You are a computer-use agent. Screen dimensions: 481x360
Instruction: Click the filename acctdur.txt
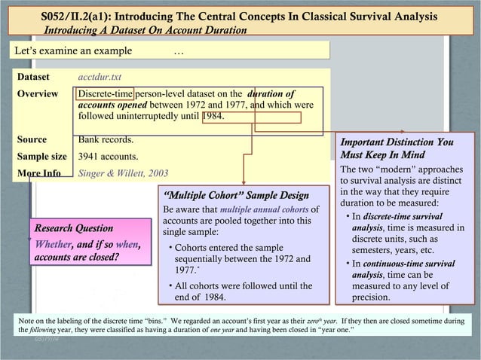point(100,78)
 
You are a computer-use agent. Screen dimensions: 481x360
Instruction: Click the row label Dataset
point(33,78)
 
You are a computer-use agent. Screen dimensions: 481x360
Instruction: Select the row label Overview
point(38,93)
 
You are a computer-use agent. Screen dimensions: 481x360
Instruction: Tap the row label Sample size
point(42,157)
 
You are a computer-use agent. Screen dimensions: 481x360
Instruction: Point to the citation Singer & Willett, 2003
point(123,172)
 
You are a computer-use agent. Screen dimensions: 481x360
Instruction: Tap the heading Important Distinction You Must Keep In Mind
point(397,148)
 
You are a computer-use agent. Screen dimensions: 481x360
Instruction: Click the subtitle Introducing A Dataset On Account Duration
point(146,30)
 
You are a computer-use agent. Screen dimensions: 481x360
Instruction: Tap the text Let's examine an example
point(73,50)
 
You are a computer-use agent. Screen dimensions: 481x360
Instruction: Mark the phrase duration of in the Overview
point(277,93)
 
